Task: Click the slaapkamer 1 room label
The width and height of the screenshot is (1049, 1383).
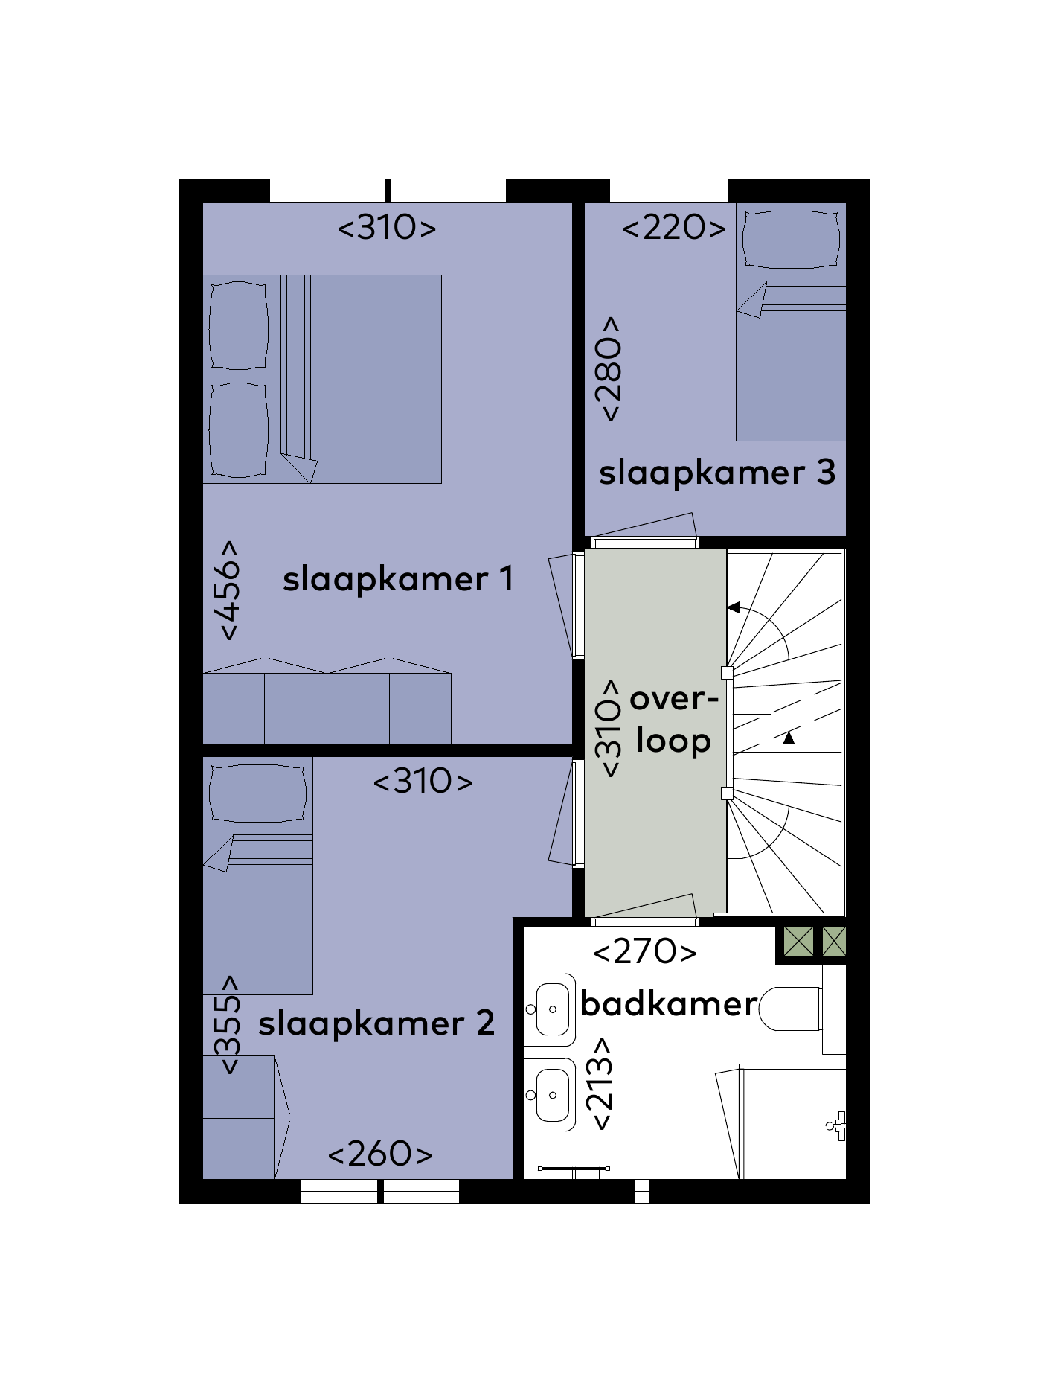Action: coord(398,580)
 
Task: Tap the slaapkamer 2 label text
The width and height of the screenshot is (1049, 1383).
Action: coord(376,1023)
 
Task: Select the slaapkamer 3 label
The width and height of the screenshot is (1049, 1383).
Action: coord(717,473)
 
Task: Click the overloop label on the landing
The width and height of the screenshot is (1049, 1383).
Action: coord(674,721)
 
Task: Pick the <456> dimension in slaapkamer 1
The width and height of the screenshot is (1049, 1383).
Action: coord(230,590)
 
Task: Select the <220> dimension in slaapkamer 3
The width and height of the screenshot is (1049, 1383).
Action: coord(674,228)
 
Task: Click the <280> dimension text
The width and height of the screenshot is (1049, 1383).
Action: coord(609,369)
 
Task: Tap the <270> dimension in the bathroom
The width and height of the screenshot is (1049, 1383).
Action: coord(645,951)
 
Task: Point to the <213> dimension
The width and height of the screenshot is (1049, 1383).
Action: coord(600,1084)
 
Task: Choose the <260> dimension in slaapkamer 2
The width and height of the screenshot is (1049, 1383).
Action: coord(380,1154)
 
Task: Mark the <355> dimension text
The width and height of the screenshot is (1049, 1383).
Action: coord(229,1024)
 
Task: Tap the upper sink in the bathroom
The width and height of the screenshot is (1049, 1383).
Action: coord(551,1009)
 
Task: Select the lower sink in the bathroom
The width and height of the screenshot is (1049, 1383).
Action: coord(551,1095)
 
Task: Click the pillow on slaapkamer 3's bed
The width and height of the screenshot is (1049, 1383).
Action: coord(792,239)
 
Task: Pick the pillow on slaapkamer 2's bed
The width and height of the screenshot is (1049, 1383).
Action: coord(257,793)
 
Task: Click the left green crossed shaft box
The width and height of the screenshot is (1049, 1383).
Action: coord(798,942)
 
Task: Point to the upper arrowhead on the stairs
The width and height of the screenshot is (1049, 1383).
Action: coord(733,608)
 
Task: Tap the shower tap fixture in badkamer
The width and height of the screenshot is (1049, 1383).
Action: coord(836,1125)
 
